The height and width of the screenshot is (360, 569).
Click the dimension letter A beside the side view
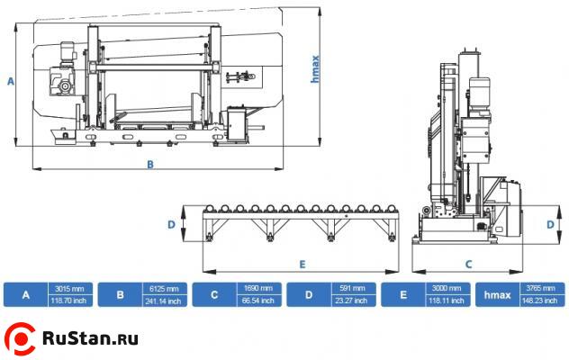[x=11, y=81]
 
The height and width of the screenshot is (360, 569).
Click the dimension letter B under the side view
[x=150, y=165]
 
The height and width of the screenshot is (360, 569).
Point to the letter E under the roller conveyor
[x=303, y=264]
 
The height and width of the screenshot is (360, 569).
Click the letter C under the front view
[x=468, y=264]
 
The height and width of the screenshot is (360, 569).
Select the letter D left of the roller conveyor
[x=170, y=225]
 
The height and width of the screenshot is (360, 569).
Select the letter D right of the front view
[x=551, y=224]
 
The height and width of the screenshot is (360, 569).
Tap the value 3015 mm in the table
[x=69, y=288]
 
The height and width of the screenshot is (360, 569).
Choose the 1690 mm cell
[x=258, y=288]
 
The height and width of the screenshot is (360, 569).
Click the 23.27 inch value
[x=353, y=301]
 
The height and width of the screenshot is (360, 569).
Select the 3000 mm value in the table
[x=447, y=288]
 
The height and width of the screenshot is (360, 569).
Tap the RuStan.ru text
[x=90, y=339]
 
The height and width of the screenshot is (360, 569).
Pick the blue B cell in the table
[x=120, y=294]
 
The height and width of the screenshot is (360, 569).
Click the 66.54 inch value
[x=258, y=301]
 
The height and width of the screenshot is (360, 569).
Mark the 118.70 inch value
[x=69, y=301]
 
